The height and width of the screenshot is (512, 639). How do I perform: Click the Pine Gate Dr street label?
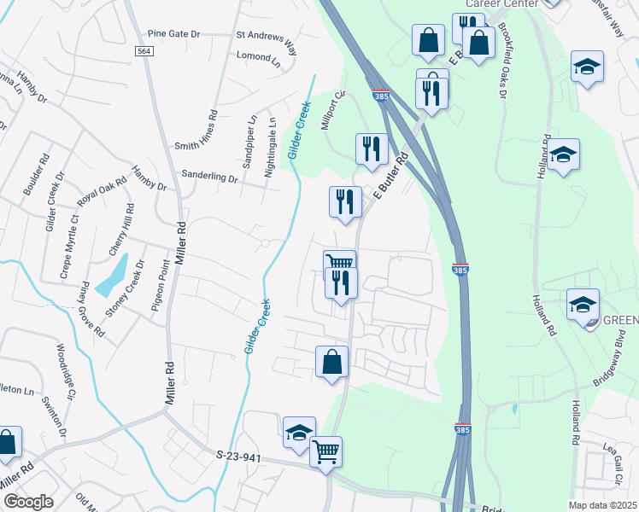pos(173,34)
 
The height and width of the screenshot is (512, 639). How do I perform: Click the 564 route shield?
pos(144,52)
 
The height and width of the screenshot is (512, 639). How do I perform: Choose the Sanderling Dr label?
pos(209,177)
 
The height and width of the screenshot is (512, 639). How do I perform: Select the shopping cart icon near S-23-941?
pos(325,451)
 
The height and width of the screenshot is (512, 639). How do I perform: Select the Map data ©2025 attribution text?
pos(602,505)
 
